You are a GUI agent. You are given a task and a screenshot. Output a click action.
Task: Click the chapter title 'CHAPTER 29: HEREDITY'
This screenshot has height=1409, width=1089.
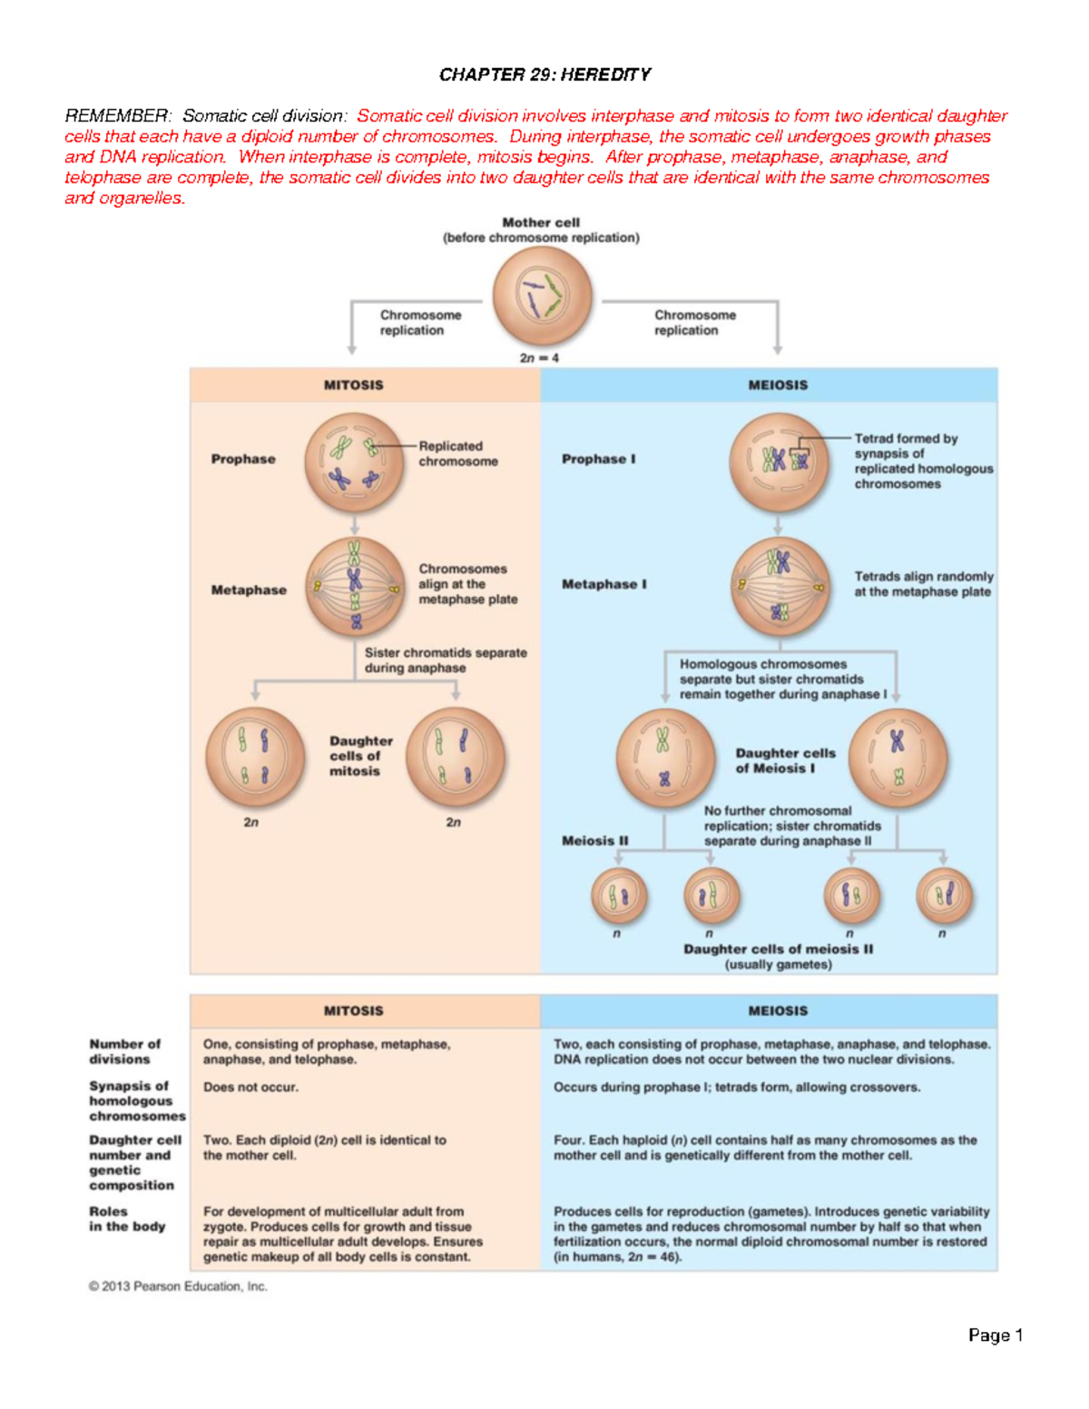point(544,74)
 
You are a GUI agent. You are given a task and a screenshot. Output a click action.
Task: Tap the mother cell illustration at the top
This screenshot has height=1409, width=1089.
point(542,296)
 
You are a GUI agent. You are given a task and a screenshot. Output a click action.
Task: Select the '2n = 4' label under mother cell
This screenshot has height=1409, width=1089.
point(539,358)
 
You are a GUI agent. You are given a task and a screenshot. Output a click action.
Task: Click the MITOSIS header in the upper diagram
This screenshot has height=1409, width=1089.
point(353,385)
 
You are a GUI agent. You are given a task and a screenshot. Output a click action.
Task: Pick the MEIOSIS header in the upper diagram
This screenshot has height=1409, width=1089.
point(777,385)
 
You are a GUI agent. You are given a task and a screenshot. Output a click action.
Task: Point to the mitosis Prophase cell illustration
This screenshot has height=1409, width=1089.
point(354,462)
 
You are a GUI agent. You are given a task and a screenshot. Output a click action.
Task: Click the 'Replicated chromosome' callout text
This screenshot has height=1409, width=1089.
point(457,454)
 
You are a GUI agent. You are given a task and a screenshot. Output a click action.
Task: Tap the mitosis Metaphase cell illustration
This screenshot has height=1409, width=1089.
point(355,587)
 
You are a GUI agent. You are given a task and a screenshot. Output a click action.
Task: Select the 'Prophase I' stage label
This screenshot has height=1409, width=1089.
point(598,459)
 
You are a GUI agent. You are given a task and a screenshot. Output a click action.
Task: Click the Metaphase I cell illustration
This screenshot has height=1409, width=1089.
point(780,586)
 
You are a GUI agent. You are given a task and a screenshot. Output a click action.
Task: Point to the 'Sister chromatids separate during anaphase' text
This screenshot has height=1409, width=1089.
point(445,660)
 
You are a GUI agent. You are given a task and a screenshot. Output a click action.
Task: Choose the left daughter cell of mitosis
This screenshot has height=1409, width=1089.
point(254,757)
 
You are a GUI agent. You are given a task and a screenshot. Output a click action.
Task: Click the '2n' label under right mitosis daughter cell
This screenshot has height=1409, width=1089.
point(453,823)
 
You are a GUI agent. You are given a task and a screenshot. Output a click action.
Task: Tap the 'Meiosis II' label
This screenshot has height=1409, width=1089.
point(594,841)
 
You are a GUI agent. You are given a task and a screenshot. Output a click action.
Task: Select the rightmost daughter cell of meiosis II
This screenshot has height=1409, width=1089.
point(944,895)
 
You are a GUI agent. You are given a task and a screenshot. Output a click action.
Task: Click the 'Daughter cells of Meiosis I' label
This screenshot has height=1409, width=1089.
point(785,760)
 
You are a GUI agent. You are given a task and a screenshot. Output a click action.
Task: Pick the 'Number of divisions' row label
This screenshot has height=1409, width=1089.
point(124,1052)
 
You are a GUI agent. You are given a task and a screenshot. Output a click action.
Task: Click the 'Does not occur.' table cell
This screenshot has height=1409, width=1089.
point(250,1087)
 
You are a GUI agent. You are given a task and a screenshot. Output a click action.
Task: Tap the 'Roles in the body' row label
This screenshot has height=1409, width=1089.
point(127,1218)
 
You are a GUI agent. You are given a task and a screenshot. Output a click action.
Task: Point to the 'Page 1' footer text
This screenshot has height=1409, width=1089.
point(995,1335)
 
